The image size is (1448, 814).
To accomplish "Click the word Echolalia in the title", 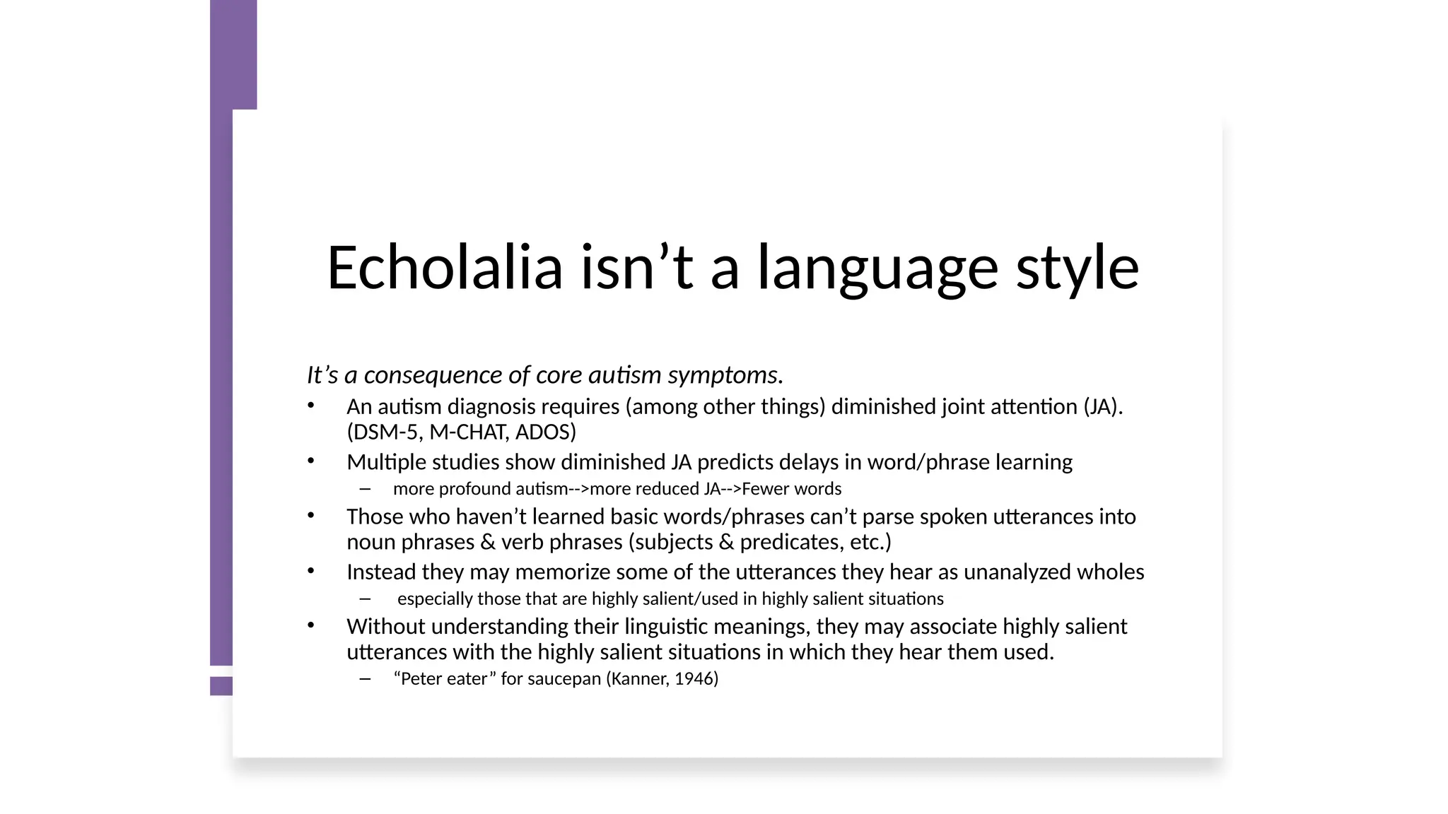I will (x=445, y=268).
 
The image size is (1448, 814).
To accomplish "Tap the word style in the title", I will (x=1078, y=268).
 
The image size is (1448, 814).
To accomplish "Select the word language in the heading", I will (x=877, y=268).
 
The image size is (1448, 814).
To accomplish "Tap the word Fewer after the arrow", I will (x=766, y=489).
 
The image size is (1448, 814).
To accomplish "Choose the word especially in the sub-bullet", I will (x=434, y=599).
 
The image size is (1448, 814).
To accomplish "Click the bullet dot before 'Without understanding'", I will (x=310, y=625).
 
